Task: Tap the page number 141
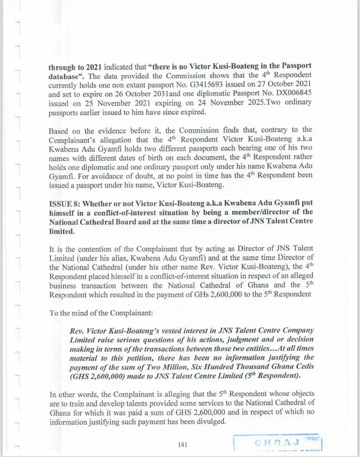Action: click(x=183, y=444)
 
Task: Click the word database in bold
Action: click(x=64, y=74)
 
